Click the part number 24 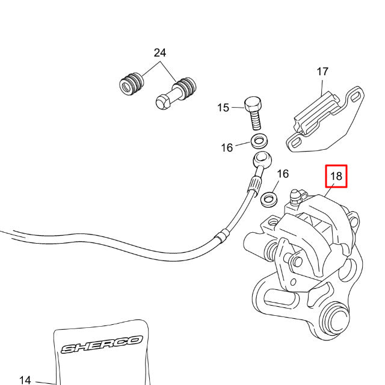pyautogui.click(x=159, y=53)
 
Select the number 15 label pyautogui.click(x=223, y=108)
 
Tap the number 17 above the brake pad pyautogui.click(x=322, y=72)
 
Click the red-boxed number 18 pyautogui.click(x=336, y=176)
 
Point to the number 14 pyautogui.click(x=25, y=380)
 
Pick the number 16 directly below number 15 pyautogui.click(x=227, y=147)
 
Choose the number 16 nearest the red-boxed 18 pyautogui.click(x=283, y=174)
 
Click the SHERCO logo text pyautogui.click(x=102, y=345)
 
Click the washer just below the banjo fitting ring pyautogui.click(x=269, y=197)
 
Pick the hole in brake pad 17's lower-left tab pyautogui.click(x=296, y=143)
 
